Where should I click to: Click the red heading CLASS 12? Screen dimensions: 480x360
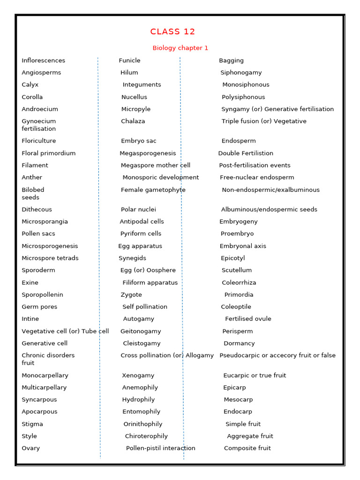[x=172, y=32]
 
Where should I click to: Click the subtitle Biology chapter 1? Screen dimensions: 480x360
[x=180, y=48]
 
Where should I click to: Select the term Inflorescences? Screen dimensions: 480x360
[x=43, y=60]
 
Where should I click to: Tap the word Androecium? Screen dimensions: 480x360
[x=40, y=109]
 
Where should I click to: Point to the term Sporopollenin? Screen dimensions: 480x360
[x=42, y=295]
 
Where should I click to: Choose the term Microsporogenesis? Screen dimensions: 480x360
[x=50, y=246]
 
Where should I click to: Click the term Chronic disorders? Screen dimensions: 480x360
[x=48, y=355]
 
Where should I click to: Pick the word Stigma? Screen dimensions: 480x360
[x=32, y=424]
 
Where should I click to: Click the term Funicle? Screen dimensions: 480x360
[x=129, y=60]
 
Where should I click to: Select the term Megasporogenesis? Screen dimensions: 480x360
[x=148, y=153]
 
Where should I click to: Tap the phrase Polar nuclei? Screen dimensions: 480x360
[x=138, y=210]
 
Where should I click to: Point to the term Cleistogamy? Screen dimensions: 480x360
[x=142, y=344]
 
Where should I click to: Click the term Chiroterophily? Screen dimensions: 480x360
[x=146, y=436]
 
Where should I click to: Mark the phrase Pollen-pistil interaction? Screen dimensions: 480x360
[x=160, y=449]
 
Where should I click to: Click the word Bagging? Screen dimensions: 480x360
[x=231, y=60]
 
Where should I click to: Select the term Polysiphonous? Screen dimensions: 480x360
[x=243, y=97]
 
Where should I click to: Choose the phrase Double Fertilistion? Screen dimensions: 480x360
[x=246, y=153]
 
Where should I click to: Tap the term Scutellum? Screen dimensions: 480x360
[x=237, y=270]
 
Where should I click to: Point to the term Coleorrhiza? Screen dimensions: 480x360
[x=239, y=283]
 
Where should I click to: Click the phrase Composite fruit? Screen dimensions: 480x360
[x=247, y=449]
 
